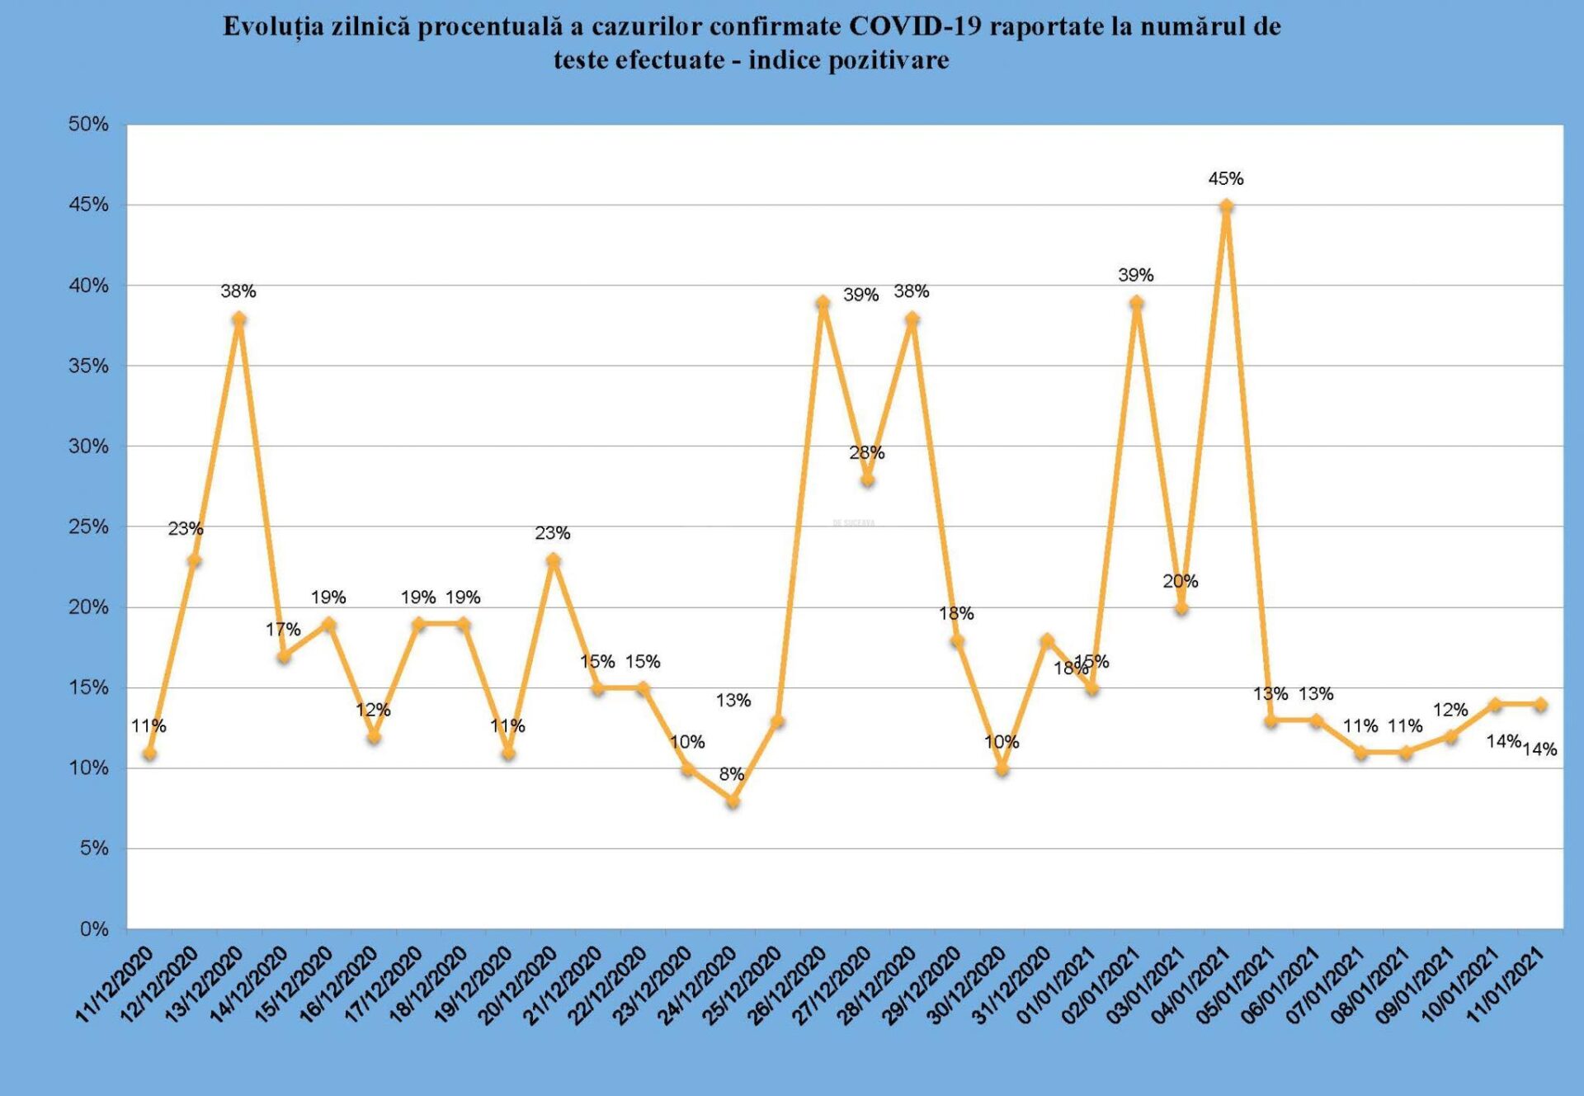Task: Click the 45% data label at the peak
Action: click(x=1225, y=178)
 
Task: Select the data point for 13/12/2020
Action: click(x=239, y=319)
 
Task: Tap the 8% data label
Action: click(x=731, y=774)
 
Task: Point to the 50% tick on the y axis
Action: click(x=88, y=124)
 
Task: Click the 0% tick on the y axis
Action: click(x=94, y=929)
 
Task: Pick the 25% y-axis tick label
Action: click(x=88, y=527)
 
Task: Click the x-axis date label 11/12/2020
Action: click(x=115, y=985)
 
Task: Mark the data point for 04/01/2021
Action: click(x=1226, y=205)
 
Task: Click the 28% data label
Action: click(x=866, y=452)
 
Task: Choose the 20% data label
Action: click(x=1180, y=581)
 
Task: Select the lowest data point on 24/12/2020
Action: click(x=733, y=801)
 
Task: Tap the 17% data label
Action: click(x=283, y=630)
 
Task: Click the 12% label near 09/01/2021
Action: click(x=1450, y=710)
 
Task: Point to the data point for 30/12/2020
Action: click(x=1002, y=768)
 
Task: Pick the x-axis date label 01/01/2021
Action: click(x=1056, y=985)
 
